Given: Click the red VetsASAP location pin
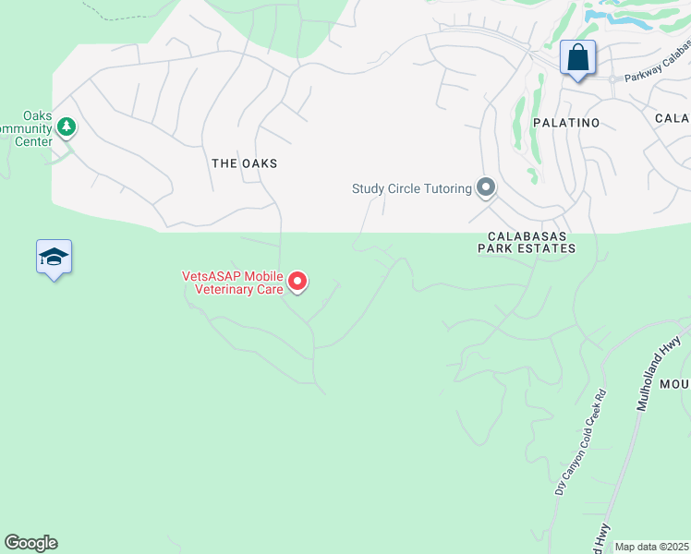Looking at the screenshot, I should point(297,281).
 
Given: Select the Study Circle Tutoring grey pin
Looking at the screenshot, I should point(486,188).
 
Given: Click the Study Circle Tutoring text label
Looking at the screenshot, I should point(412,188).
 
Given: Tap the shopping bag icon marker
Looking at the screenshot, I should point(578,58).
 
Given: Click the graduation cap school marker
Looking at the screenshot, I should point(55,258).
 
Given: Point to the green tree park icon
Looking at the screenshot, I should point(67,126).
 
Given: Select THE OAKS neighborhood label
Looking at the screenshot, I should point(245,163).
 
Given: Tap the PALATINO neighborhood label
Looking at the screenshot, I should point(566,123).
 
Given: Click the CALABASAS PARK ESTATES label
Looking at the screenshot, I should point(527,242).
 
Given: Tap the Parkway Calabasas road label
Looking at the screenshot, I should point(657,66).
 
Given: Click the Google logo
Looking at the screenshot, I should point(30,543).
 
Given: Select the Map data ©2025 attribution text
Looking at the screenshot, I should point(651,547).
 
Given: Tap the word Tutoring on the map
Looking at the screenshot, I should point(448,188).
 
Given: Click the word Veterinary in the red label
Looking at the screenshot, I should point(222,288).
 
